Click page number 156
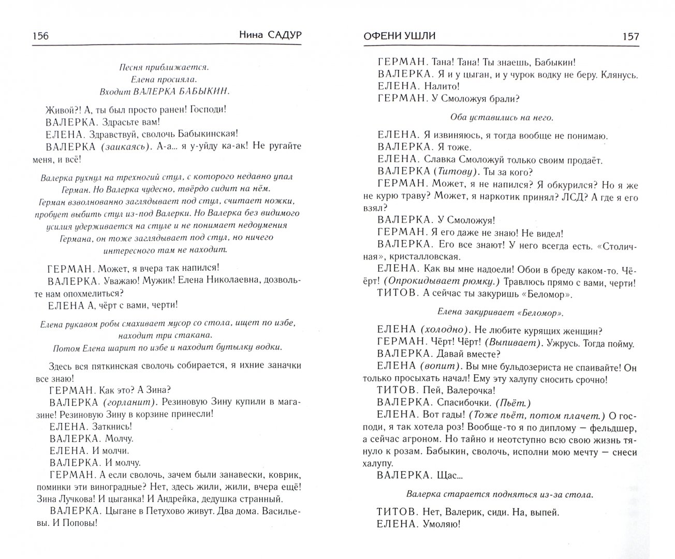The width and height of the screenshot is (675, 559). [40, 36]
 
